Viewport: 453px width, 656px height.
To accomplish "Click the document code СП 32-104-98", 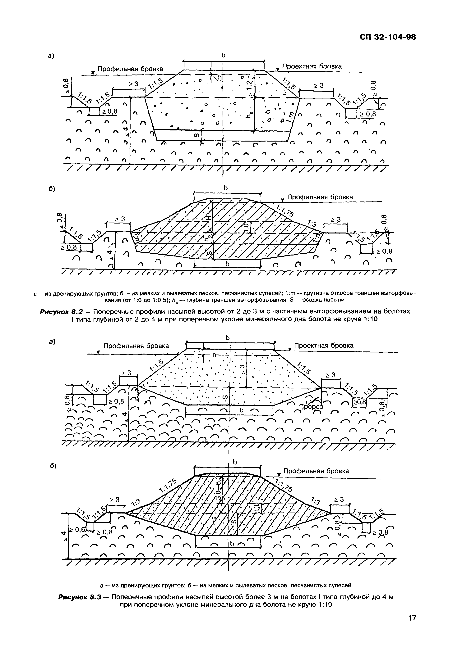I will coord(388,37).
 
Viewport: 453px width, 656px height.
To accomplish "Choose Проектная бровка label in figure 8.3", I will coord(324,345).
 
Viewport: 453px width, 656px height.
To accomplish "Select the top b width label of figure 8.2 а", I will coord(223,55).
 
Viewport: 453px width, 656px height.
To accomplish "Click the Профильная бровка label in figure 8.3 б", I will coord(316,471).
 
